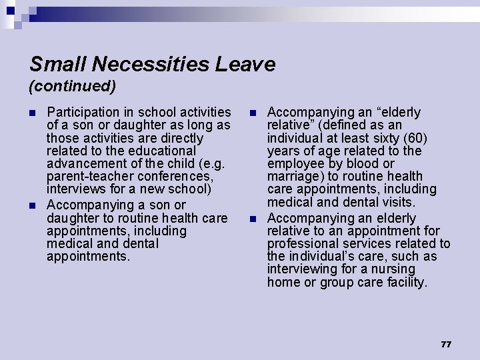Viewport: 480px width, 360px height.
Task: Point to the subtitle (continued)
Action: (73, 86)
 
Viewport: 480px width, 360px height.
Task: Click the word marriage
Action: (291, 177)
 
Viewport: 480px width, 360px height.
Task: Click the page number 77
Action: (446, 344)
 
